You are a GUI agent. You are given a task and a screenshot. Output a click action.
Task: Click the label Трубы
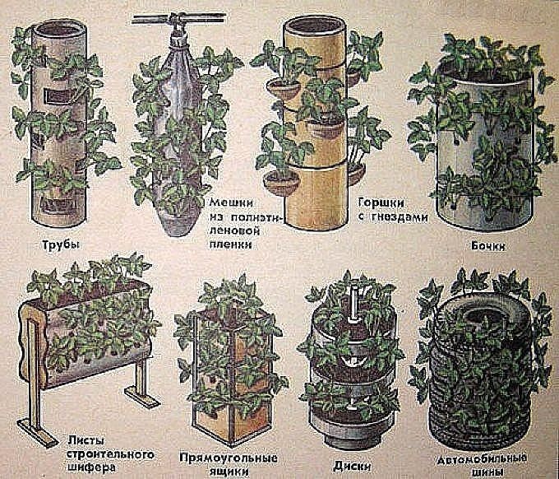(60, 245)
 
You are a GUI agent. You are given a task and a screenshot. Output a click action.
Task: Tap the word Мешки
(231, 203)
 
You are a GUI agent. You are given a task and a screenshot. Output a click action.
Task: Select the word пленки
(230, 244)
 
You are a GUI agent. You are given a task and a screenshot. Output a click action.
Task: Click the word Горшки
(381, 203)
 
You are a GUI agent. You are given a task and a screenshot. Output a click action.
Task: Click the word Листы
(85, 441)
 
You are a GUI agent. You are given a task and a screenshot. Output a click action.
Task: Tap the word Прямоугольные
(229, 458)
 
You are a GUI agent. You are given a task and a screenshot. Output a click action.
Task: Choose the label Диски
(352, 466)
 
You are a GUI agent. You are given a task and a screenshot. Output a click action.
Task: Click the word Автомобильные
(483, 458)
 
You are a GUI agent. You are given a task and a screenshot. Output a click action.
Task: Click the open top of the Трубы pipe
(59, 28)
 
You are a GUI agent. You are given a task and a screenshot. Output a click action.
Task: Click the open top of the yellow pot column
(314, 24)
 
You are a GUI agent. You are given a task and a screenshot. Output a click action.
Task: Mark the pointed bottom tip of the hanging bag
(178, 235)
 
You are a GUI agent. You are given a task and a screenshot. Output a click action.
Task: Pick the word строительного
(111, 455)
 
